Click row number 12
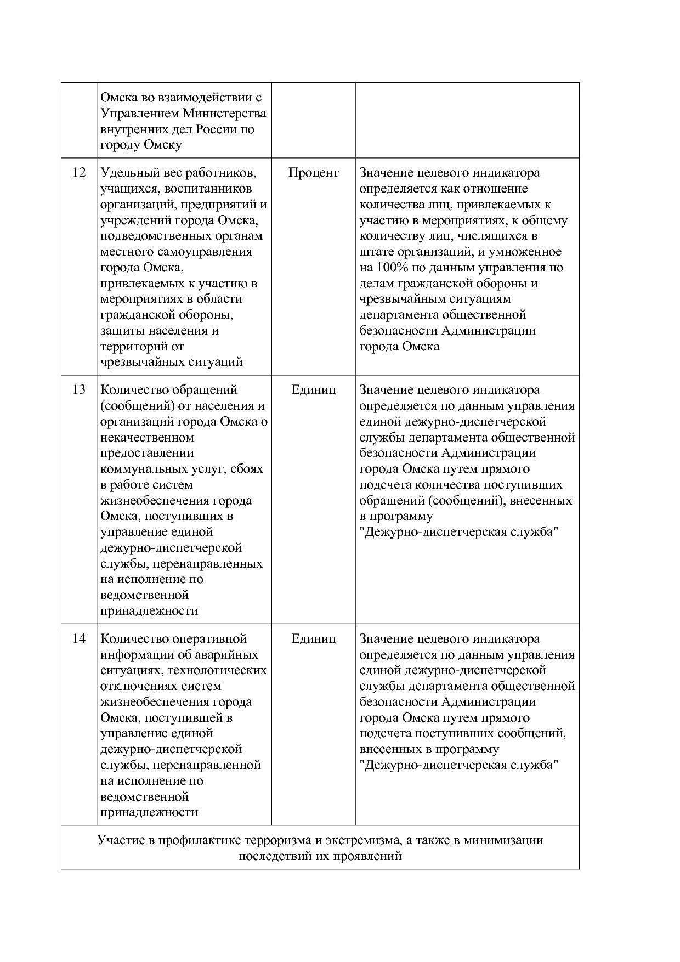coord(79,173)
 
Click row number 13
coord(79,390)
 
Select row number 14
coord(79,639)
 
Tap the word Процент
coord(313,173)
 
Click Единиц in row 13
coord(313,390)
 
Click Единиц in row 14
coord(313,639)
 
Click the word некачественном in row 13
coord(147,438)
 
